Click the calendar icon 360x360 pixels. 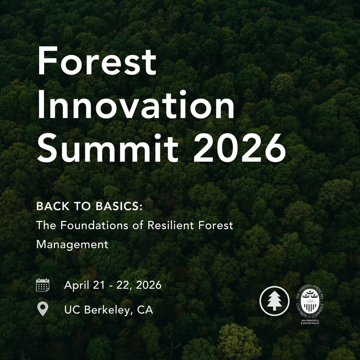(43, 285)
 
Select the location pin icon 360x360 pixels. (43, 309)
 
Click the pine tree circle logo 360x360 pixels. (274, 301)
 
